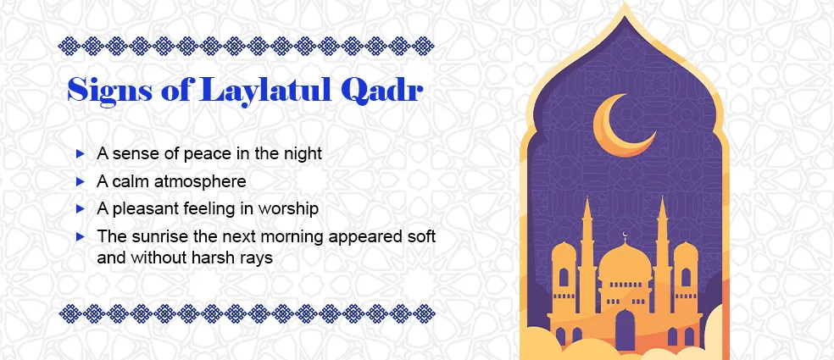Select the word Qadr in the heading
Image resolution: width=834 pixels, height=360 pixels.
click(x=381, y=91)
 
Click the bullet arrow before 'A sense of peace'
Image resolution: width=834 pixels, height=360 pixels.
click(x=80, y=154)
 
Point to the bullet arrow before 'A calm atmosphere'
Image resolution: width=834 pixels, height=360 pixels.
click(x=80, y=181)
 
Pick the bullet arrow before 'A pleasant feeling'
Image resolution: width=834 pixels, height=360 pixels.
click(x=80, y=208)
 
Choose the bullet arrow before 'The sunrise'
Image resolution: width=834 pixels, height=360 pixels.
click(x=80, y=235)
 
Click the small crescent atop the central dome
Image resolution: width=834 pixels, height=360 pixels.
click(x=625, y=235)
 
